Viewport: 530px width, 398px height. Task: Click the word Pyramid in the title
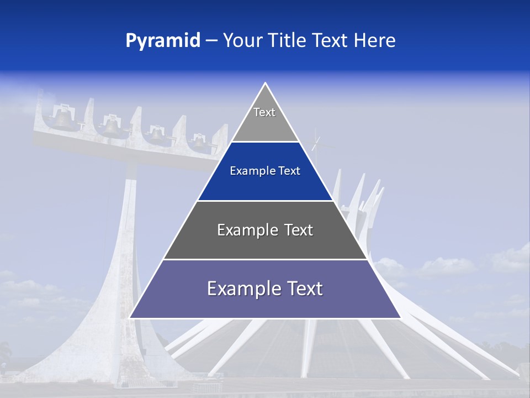coord(163,41)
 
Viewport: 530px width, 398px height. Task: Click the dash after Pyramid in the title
coord(211,41)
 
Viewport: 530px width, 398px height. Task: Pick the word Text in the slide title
coord(330,40)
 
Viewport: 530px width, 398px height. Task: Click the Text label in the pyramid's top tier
coord(264,112)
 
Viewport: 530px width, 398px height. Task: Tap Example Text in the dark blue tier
coord(265,171)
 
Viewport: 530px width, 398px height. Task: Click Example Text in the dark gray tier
coord(265,230)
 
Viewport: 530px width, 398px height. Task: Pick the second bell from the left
coord(112,125)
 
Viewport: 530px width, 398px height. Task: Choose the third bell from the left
coord(158,134)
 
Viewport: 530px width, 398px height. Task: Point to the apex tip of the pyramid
coord(265,84)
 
